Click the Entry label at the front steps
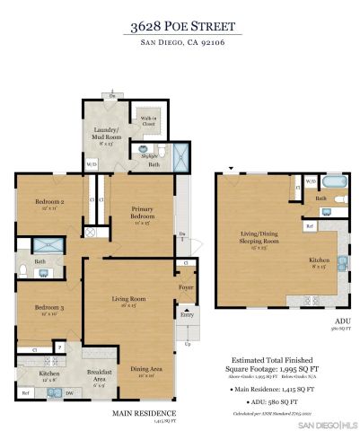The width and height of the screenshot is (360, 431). (187, 315)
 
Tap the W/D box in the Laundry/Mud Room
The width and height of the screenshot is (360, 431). (91, 165)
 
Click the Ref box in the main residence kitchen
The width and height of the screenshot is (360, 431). (25, 393)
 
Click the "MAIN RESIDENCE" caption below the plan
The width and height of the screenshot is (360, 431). (143, 413)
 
